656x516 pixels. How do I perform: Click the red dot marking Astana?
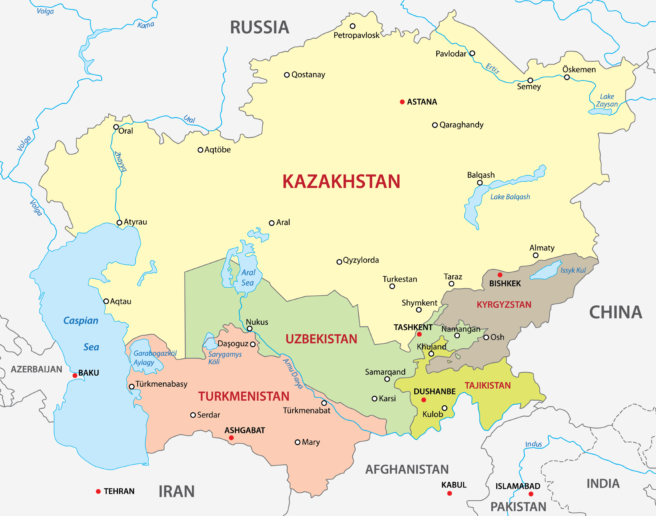(x=402, y=102)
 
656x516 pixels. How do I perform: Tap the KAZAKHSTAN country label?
(x=341, y=182)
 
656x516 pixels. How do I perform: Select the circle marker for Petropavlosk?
(x=352, y=26)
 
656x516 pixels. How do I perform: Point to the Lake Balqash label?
(x=510, y=197)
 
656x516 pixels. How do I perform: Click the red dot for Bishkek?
(x=500, y=275)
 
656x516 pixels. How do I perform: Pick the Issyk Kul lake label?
(x=573, y=270)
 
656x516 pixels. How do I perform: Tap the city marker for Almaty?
(x=536, y=256)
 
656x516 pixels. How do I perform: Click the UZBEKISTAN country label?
(x=321, y=339)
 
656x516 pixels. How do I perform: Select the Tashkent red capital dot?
(x=419, y=334)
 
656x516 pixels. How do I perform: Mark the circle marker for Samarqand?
(x=387, y=379)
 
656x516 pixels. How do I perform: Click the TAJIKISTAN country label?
(x=487, y=385)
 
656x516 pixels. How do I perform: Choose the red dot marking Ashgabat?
(x=231, y=438)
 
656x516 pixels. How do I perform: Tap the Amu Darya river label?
(x=293, y=374)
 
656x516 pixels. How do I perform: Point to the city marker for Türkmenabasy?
(x=131, y=387)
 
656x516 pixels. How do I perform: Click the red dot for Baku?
(x=75, y=376)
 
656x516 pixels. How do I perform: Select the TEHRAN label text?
(x=119, y=492)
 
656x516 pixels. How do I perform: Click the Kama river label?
(x=146, y=25)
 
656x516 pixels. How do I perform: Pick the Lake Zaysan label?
(x=607, y=100)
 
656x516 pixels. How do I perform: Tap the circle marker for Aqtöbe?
(x=200, y=150)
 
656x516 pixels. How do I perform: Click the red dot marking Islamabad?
(x=531, y=494)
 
